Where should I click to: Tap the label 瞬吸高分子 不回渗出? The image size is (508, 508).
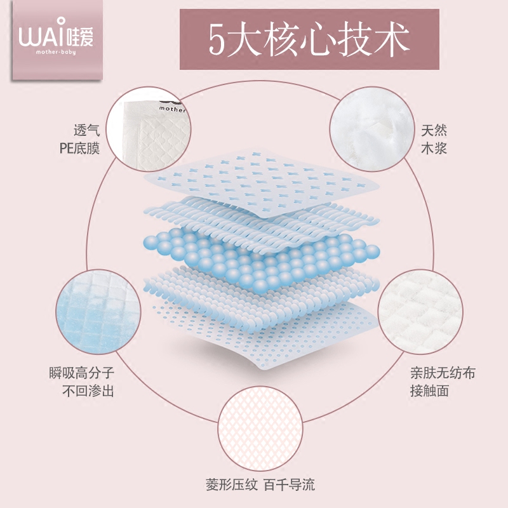81,382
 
